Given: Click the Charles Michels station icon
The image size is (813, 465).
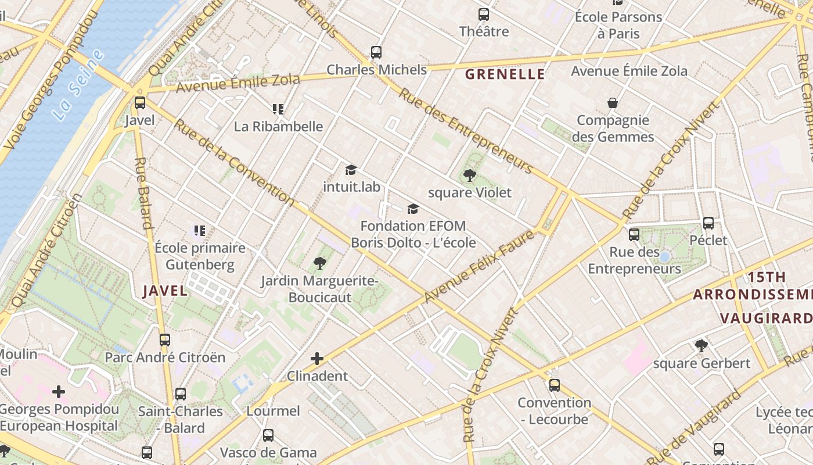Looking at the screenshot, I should pyautogui.click(x=376, y=52).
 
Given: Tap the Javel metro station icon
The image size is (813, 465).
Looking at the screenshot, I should pyautogui.click(x=140, y=103).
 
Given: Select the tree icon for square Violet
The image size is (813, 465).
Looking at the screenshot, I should pyautogui.click(x=470, y=175).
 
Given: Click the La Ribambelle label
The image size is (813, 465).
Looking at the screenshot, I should pyautogui.click(x=278, y=126).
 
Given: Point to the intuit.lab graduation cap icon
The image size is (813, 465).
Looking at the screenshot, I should pyautogui.click(x=351, y=170).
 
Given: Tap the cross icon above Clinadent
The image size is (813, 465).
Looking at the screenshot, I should pyautogui.click(x=317, y=359).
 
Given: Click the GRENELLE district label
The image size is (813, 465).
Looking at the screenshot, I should pyautogui.click(x=505, y=74).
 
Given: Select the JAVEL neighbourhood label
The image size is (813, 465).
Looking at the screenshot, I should pyautogui.click(x=166, y=291).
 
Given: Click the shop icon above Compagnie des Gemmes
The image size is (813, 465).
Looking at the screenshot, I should pyautogui.click(x=613, y=103).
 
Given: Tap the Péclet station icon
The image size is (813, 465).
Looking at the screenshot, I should pyautogui.click(x=708, y=223).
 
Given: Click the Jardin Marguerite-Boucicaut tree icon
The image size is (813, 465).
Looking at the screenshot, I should pyautogui.click(x=319, y=264).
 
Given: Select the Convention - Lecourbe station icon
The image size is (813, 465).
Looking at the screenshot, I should pyautogui.click(x=555, y=385).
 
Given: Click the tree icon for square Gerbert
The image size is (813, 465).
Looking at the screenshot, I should pyautogui.click(x=702, y=346).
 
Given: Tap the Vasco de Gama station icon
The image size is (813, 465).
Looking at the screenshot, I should pyautogui.click(x=268, y=435).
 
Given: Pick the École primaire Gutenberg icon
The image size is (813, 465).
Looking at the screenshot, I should pyautogui.click(x=200, y=231).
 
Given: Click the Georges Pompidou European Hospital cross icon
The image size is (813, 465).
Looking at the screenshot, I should pyautogui.click(x=59, y=392).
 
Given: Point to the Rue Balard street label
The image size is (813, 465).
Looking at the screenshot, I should pyautogui.click(x=143, y=192).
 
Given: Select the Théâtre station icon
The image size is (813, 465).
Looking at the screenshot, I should pyautogui.click(x=484, y=15).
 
